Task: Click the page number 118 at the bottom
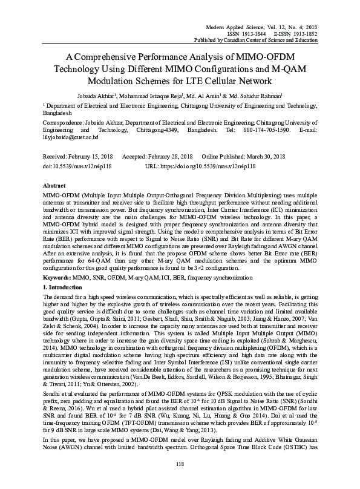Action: coord(180,464)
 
